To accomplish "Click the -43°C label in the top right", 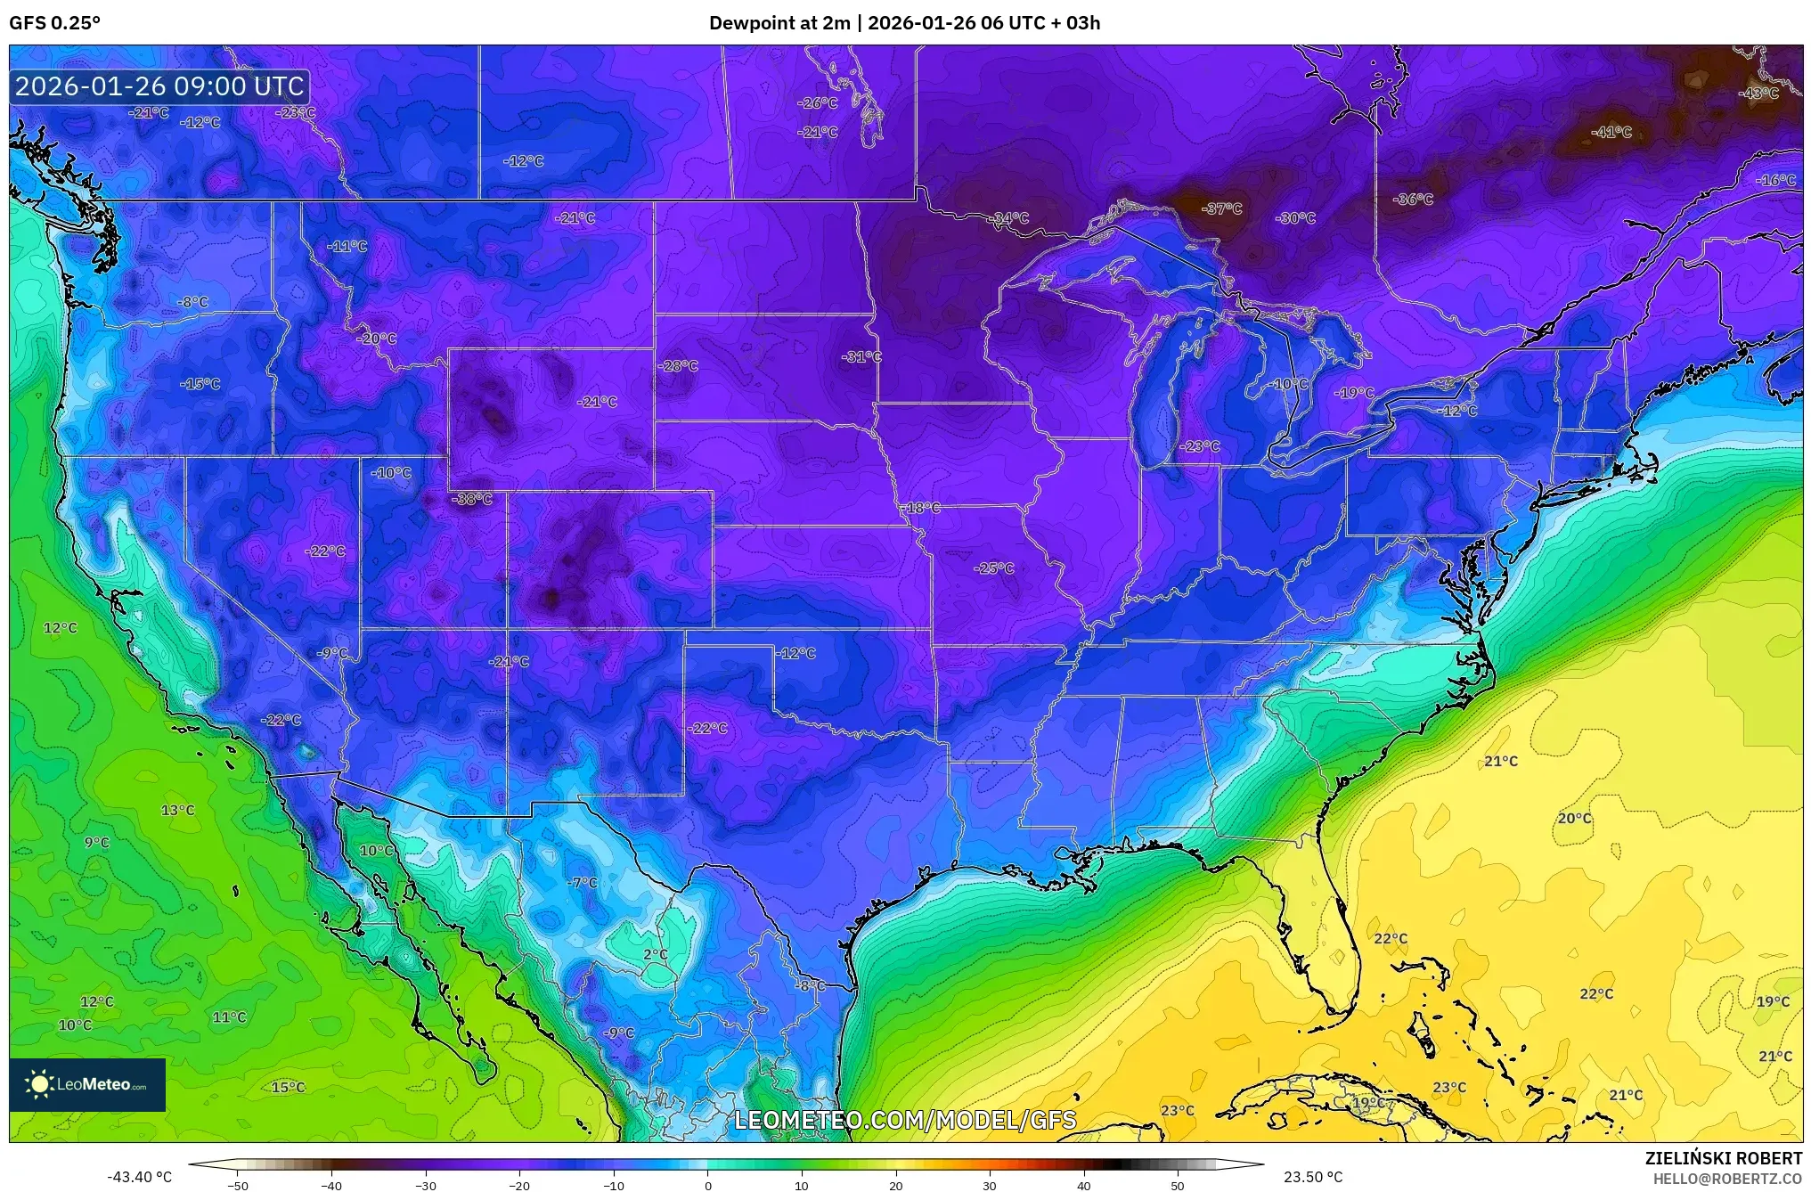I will (1758, 94).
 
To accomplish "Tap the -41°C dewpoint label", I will (1611, 133).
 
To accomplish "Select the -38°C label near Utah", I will (471, 500).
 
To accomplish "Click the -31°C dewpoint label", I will (861, 357).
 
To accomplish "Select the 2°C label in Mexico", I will (655, 955).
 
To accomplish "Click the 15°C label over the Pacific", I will (288, 1088).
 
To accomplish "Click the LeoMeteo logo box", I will (87, 1084).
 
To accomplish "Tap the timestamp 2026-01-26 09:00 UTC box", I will (159, 86).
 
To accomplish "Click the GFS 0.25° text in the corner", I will (54, 23).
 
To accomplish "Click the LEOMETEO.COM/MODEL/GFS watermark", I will (904, 1120).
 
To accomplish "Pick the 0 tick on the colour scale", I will (708, 1185).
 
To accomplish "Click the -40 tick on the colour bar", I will (331, 1185).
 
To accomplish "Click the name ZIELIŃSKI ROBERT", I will (1723, 1158).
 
